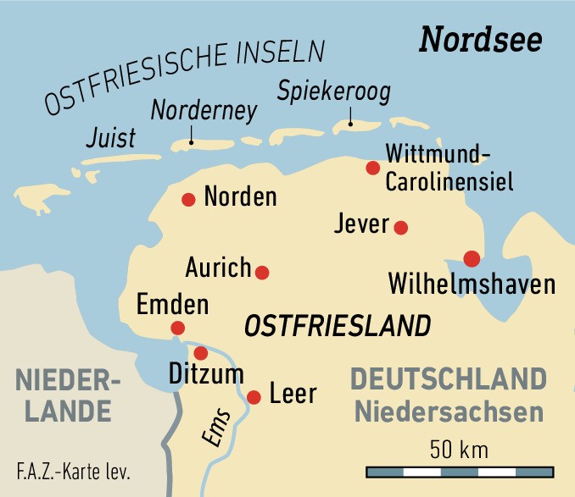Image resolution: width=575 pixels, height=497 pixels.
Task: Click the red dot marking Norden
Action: [188, 200]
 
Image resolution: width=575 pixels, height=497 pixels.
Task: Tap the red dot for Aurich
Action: [262, 273]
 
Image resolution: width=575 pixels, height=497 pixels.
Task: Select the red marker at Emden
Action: [178, 328]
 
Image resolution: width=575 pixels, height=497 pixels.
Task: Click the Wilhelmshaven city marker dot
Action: [472, 258]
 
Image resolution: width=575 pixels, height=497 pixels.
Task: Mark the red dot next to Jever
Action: [401, 227]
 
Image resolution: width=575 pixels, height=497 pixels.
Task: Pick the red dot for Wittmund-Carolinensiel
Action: [372, 168]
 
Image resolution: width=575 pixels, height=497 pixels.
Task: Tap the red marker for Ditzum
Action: [201, 353]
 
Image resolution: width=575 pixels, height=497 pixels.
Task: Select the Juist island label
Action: [110, 137]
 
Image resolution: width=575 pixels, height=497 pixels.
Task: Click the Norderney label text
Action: [192, 110]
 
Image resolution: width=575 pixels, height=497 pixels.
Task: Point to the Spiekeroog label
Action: [334, 91]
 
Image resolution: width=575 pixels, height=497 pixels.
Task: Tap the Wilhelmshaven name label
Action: [472, 284]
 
